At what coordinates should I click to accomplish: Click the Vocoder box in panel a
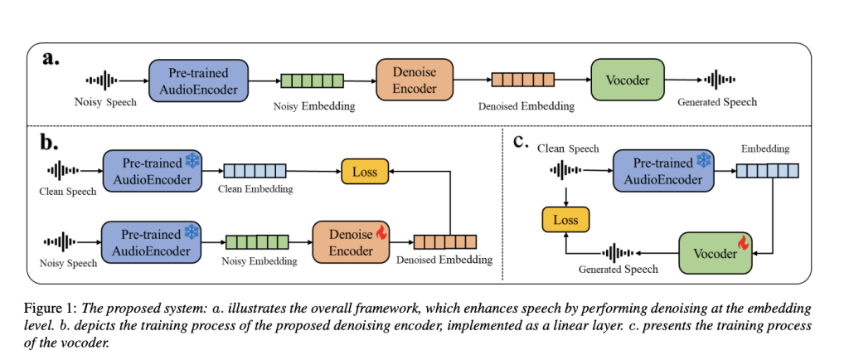pyautogui.click(x=627, y=80)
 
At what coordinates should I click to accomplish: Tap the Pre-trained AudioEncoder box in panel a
pyautogui.click(x=199, y=80)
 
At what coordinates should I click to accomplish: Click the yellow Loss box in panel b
pyautogui.click(x=365, y=173)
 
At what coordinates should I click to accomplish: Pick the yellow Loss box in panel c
pyautogui.click(x=565, y=219)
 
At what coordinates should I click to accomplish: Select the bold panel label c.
pyautogui.click(x=522, y=139)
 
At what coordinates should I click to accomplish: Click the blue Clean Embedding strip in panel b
pyautogui.click(x=255, y=172)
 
